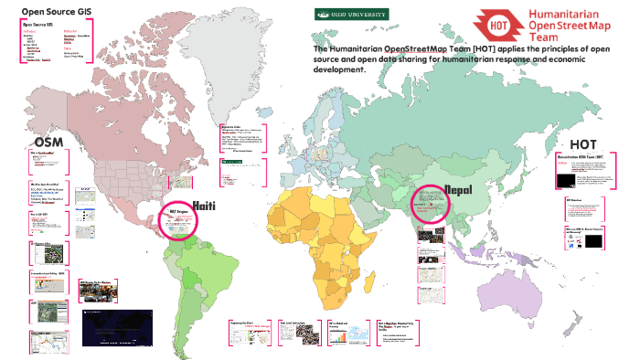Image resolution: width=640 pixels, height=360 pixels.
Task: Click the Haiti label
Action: coord(203,206)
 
